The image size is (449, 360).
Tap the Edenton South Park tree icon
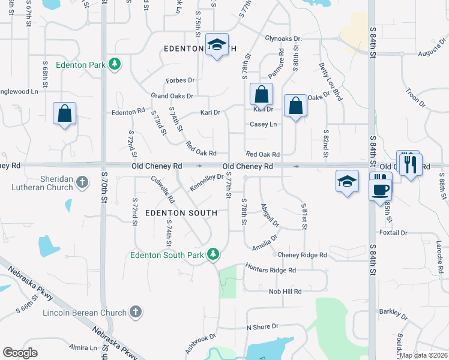(212, 255)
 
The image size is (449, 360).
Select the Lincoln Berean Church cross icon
(136, 312)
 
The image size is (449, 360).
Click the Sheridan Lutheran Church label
(41, 182)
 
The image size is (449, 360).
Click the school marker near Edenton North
(217, 45)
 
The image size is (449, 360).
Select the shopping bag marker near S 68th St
(64, 113)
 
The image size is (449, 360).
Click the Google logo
(20, 353)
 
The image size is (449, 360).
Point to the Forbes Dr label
(181, 80)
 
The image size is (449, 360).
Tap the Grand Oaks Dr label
(172, 96)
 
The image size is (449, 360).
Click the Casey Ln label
(264, 124)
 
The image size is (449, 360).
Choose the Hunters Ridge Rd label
(271, 270)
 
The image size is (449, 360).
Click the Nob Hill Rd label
(285, 291)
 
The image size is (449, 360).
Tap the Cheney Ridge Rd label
(302, 255)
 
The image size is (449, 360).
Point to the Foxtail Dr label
(393, 232)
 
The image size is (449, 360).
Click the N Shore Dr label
(262, 327)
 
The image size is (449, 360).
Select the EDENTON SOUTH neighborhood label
(177, 213)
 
